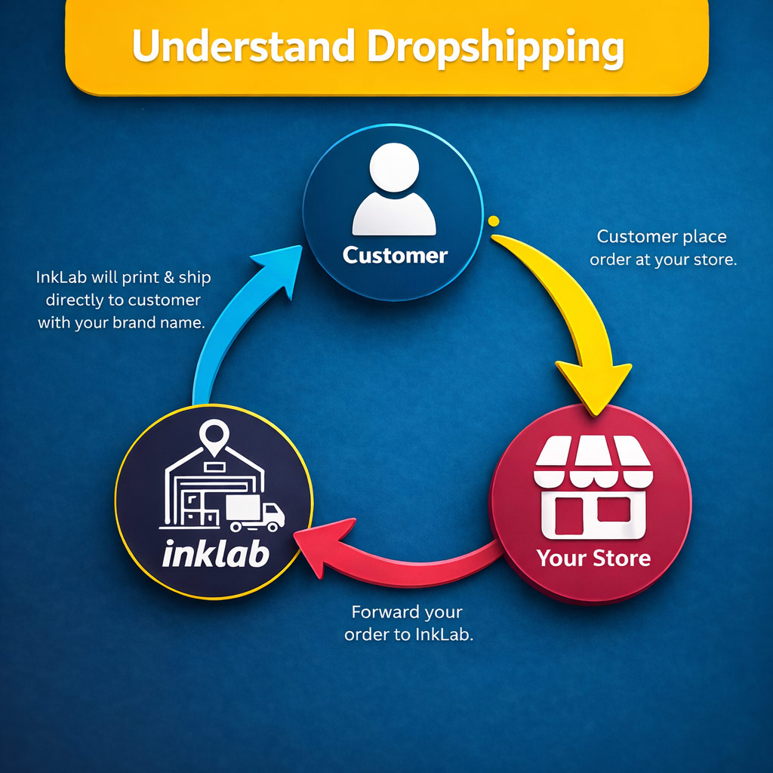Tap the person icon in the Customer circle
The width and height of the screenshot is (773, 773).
393,193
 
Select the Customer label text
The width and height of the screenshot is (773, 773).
395,255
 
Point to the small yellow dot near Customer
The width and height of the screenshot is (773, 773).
494,221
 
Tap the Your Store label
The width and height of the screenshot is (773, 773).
593,559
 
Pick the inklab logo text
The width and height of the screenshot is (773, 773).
215,554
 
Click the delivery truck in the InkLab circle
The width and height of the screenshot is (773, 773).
255,513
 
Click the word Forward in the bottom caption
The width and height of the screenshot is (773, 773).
384,611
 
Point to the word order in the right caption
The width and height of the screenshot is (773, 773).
611,259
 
